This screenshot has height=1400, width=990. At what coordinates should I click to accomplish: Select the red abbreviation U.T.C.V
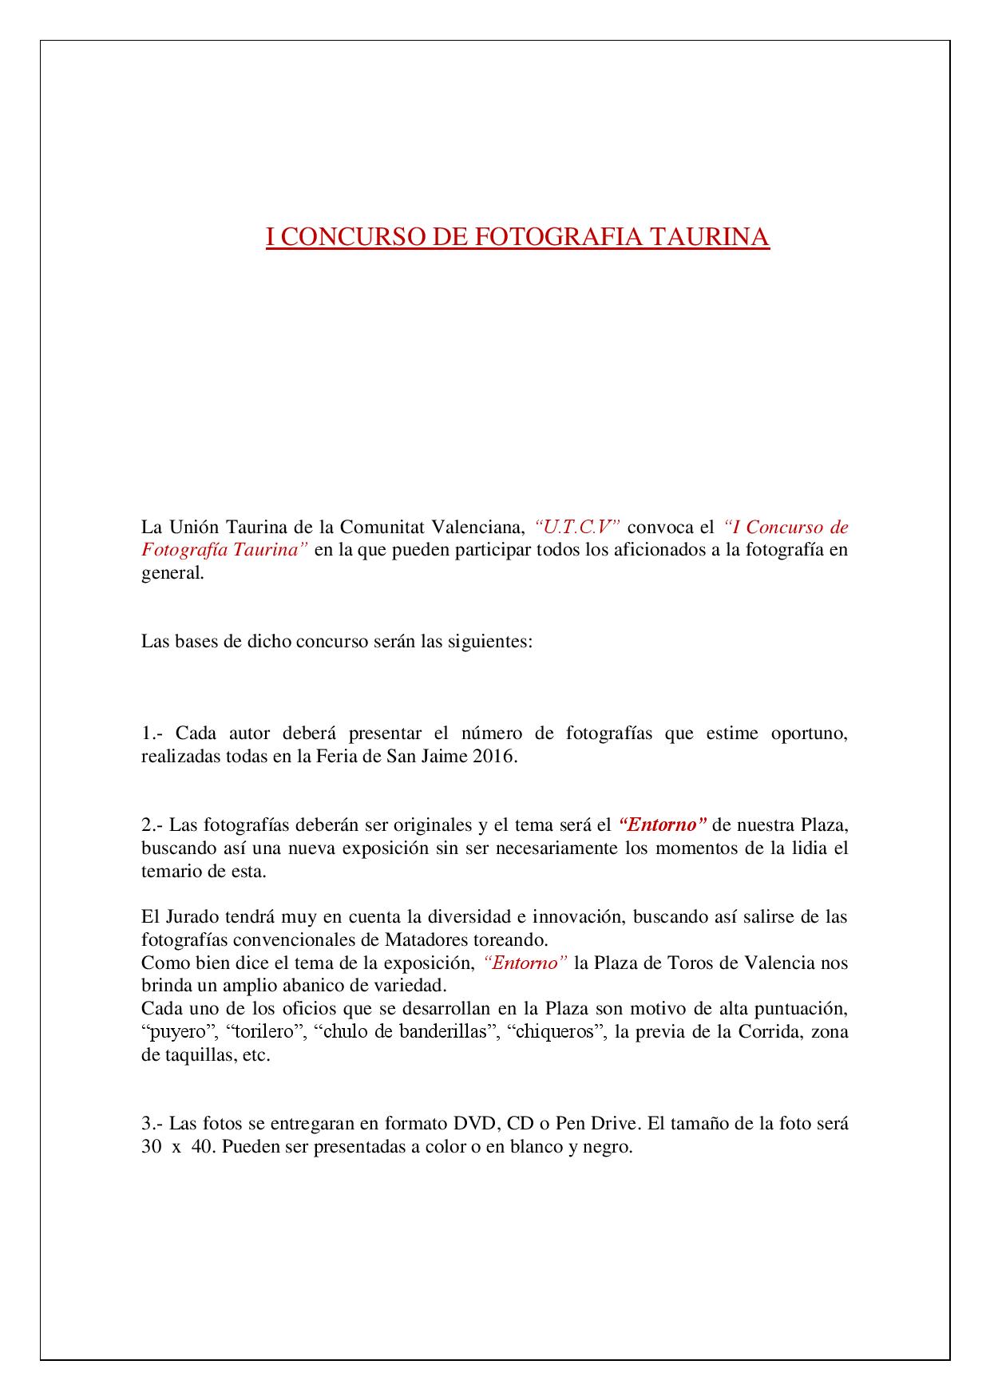pos(577,527)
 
